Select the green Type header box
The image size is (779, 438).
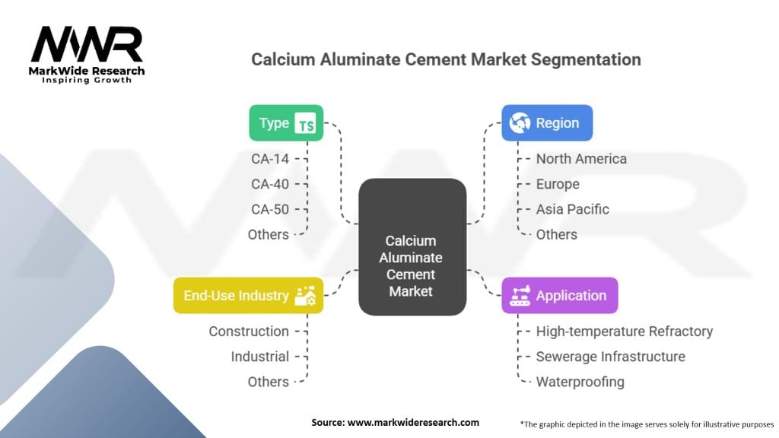pyautogui.click(x=286, y=123)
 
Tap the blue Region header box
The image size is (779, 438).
pyautogui.click(x=547, y=123)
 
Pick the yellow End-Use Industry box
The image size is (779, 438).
pyautogui.click(x=248, y=296)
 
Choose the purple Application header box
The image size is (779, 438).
pyautogui.click(x=559, y=296)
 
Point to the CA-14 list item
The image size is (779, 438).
pyautogui.click(x=270, y=159)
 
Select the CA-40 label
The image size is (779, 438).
pyautogui.click(x=270, y=184)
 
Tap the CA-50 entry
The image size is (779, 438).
pyautogui.click(x=270, y=209)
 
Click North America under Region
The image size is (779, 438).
pyautogui.click(x=581, y=159)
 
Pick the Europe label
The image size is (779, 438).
pyautogui.click(x=558, y=184)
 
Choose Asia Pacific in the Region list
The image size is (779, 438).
pyautogui.click(x=572, y=209)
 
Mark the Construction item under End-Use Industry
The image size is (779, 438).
pyautogui.click(x=249, y=332)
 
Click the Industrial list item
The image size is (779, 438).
pyautogui.click(x=260, y=357)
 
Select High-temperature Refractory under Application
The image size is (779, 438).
pyautogui.click(x=624, y=332)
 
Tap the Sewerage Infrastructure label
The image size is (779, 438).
pyautogui.click(x=610, y=357)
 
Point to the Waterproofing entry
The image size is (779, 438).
pyautogui.click(x=580, y=382)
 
